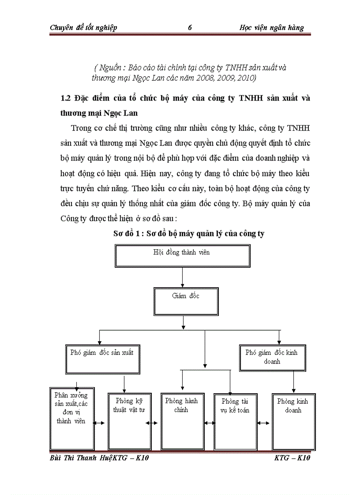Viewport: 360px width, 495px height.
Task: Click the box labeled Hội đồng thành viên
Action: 182,256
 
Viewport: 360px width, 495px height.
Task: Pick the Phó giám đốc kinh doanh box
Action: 271,357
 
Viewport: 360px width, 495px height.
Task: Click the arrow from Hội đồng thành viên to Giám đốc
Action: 182,278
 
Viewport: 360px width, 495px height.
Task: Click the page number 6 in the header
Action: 190,28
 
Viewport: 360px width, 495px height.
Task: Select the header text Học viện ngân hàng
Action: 271,28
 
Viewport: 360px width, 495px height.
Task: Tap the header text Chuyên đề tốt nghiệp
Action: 83,28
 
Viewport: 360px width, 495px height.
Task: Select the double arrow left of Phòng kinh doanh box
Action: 264,423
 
